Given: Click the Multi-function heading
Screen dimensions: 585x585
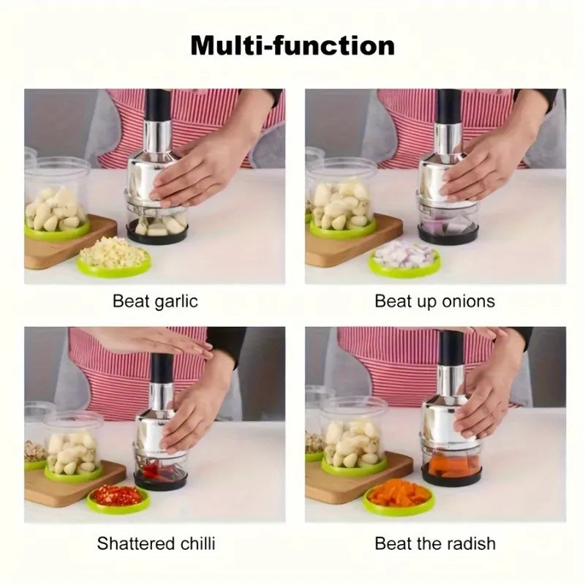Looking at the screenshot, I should tap(292, 45).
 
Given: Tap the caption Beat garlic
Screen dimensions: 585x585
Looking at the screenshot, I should tap(155, 301).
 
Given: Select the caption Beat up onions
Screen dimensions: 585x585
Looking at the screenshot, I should tap(434, 301).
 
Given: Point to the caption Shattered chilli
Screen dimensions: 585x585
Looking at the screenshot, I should tap(156, 543).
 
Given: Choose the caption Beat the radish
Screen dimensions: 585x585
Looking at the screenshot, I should tap(434, 543).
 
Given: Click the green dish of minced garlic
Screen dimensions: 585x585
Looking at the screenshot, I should tap(114, 257).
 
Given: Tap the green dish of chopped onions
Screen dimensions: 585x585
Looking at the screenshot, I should tap(404, 258).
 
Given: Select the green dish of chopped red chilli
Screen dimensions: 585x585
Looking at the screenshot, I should tap(118, 498).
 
